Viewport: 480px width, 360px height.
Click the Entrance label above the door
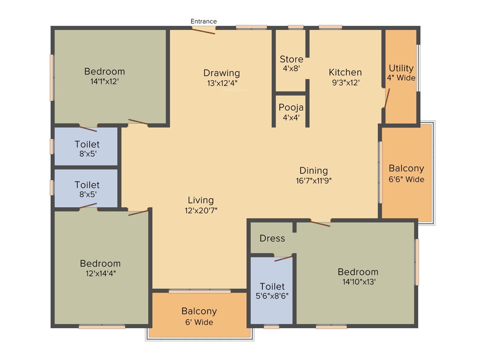(x=203, y=21)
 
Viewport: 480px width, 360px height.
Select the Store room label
(x=292, y=60)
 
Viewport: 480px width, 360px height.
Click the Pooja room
(x=291, y=112)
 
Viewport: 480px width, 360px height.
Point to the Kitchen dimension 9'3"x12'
(x=345, y=82)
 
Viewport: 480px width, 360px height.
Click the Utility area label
(x=401, y=68)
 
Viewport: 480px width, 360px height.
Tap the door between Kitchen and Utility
(x=384, y=98)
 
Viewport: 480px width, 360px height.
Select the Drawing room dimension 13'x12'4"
(x=222, y=83)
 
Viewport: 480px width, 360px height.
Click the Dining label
(x=314, y=171)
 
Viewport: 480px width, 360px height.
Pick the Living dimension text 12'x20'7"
(x=201, y=210)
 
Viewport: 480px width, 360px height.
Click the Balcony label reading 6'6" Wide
(x=406, y=179)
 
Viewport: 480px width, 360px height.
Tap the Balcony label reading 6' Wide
(x=199, y=322)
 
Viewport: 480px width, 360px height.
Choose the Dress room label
(x=272, y=239)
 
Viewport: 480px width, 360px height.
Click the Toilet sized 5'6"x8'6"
(x=272, y=291)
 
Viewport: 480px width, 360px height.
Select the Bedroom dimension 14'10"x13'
(x=358, y=282)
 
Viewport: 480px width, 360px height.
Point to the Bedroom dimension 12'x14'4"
(x=100, y=273)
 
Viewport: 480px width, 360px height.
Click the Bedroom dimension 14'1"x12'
(x=105, y=82)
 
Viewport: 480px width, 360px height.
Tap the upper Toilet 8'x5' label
(x=87, y=144)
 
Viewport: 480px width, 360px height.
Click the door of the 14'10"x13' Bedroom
(x=320, y=223)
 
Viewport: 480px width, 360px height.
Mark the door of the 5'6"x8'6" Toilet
(x=283, y=258)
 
